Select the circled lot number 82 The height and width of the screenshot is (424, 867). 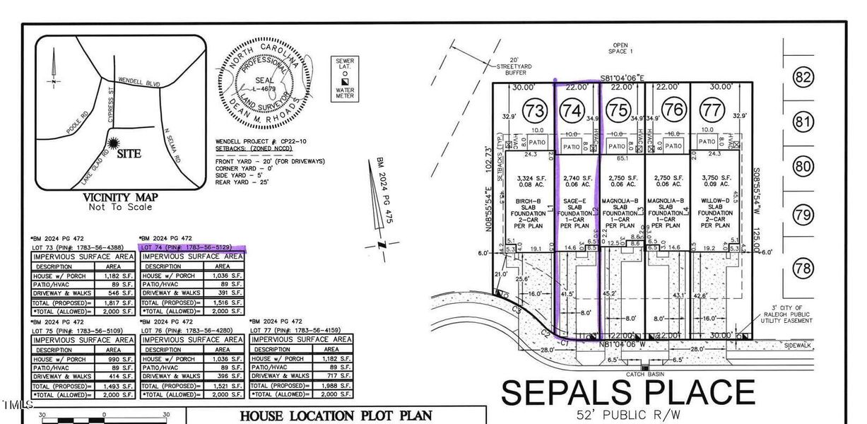coord(803,78)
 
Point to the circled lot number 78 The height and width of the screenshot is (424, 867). coord(803,268)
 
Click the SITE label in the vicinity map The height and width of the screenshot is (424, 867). coord(129,153)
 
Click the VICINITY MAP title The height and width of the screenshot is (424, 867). coord(120,197)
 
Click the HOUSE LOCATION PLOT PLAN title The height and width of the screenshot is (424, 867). coord(336,416)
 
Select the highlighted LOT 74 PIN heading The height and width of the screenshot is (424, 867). coord(192,248)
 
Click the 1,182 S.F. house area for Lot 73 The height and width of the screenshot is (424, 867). coord(119,276)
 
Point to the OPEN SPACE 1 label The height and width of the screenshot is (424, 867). coord(621,47)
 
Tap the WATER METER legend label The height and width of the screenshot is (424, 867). coord(345,93)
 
